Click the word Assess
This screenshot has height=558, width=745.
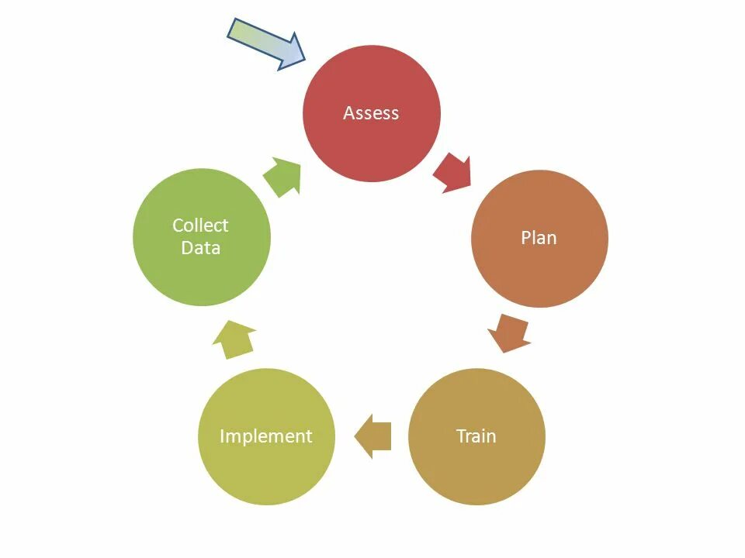click(x=371, y=113)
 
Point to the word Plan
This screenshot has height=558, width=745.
click(x=539, y=238)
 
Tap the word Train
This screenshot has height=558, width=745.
click(x=476, y=436)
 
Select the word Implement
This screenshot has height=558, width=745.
click(x=266, y=436)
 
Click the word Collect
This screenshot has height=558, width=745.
click(x=200, y=226)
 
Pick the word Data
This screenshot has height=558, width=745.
click(x=200, y=248)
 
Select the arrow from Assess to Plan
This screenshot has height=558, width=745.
click(x=453, y=173)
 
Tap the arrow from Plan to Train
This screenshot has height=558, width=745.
click(x=510, y=332)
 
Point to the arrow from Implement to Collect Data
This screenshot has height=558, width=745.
click(x=235, y=340)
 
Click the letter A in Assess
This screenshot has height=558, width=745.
click(x=348, y=113)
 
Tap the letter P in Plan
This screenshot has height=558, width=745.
click(x=525, y=238)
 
